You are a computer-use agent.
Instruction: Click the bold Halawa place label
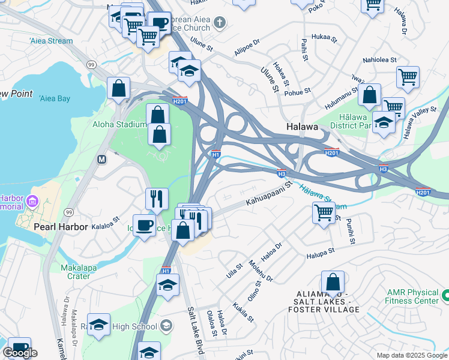[298, 127]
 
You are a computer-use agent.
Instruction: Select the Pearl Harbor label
[61, 227]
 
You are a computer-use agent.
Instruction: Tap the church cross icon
[220, 23]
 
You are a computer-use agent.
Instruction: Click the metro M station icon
[101, 159]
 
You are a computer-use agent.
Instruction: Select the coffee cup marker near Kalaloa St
[143, 226]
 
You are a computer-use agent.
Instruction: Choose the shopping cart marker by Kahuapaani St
[324, 212]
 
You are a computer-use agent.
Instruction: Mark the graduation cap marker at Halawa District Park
[384, 122]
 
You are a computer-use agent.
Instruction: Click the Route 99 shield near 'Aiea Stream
[91, 64]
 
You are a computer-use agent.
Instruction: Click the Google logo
[20, 353]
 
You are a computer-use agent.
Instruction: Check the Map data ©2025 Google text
[412, 355]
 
